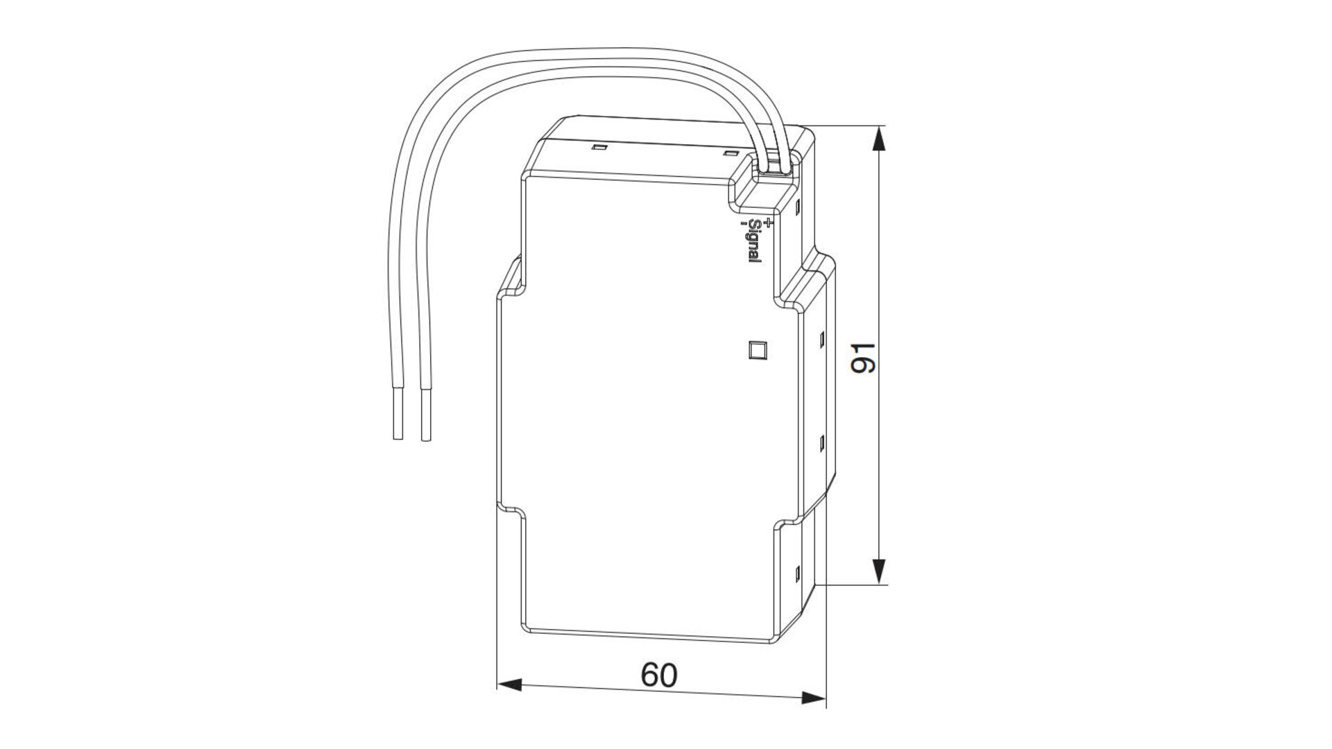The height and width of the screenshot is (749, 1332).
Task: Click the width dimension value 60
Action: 658,675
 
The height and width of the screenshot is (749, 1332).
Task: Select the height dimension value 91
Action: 864,358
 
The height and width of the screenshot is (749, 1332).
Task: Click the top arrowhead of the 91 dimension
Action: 880,138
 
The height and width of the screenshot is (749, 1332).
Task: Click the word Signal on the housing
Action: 753,241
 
